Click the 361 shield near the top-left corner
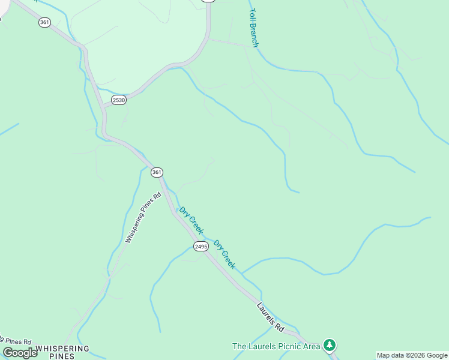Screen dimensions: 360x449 44,22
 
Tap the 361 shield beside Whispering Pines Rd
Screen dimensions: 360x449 157,172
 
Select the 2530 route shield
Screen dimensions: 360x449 118,100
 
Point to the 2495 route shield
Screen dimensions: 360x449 200,246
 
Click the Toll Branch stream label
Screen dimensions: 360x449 253,28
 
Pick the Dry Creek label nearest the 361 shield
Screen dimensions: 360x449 191,220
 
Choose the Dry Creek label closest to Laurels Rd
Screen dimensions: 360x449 225,254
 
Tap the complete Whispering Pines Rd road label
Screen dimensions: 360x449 144,217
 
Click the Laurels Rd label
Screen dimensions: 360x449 270,317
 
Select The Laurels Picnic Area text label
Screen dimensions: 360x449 276,346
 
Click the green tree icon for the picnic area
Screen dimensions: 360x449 329,346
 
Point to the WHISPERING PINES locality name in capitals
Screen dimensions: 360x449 62,352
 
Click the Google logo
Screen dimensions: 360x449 20,353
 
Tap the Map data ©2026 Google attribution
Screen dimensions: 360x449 412,355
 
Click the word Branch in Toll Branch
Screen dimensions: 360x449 254,35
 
